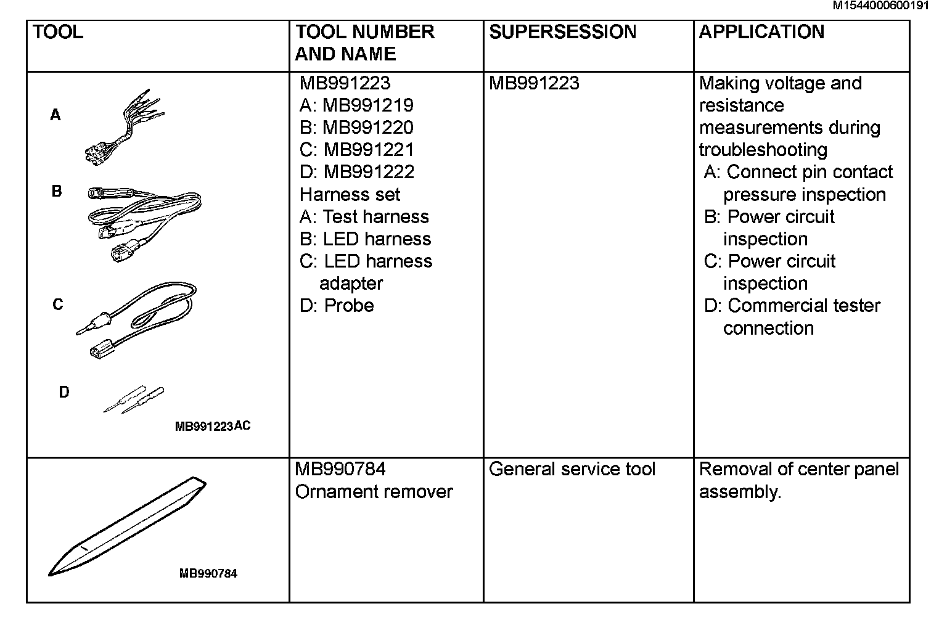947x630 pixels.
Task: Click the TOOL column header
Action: (x=57, y=32)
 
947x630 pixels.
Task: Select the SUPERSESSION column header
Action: (x=562, y=32)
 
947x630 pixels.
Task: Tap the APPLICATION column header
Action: (x=761, y=32)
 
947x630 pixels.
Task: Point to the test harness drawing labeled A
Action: (x=126, y=126)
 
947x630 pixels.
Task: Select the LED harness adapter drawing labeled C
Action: (x=139, y=317)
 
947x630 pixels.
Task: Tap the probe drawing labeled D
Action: (x=134, y=399)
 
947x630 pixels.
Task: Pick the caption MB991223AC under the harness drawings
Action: (x=213, y=426)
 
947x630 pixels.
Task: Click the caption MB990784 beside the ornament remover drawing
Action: (x=208, y=573)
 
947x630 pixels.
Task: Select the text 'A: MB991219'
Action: (x=356, y=105)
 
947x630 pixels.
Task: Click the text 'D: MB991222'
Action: (x=356, y=172)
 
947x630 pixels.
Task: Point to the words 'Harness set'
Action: (x=350, y=195)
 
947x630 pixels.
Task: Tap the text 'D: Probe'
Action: (x=337, y=306)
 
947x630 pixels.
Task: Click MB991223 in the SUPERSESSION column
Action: (x=534, y=83)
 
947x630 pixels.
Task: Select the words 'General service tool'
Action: (x=572, y=470)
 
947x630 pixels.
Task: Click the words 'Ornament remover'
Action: (x=374, y=492)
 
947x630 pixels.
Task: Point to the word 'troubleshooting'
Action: (x=763, y=150)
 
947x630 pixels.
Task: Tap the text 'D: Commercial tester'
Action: (x=792, y=306)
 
